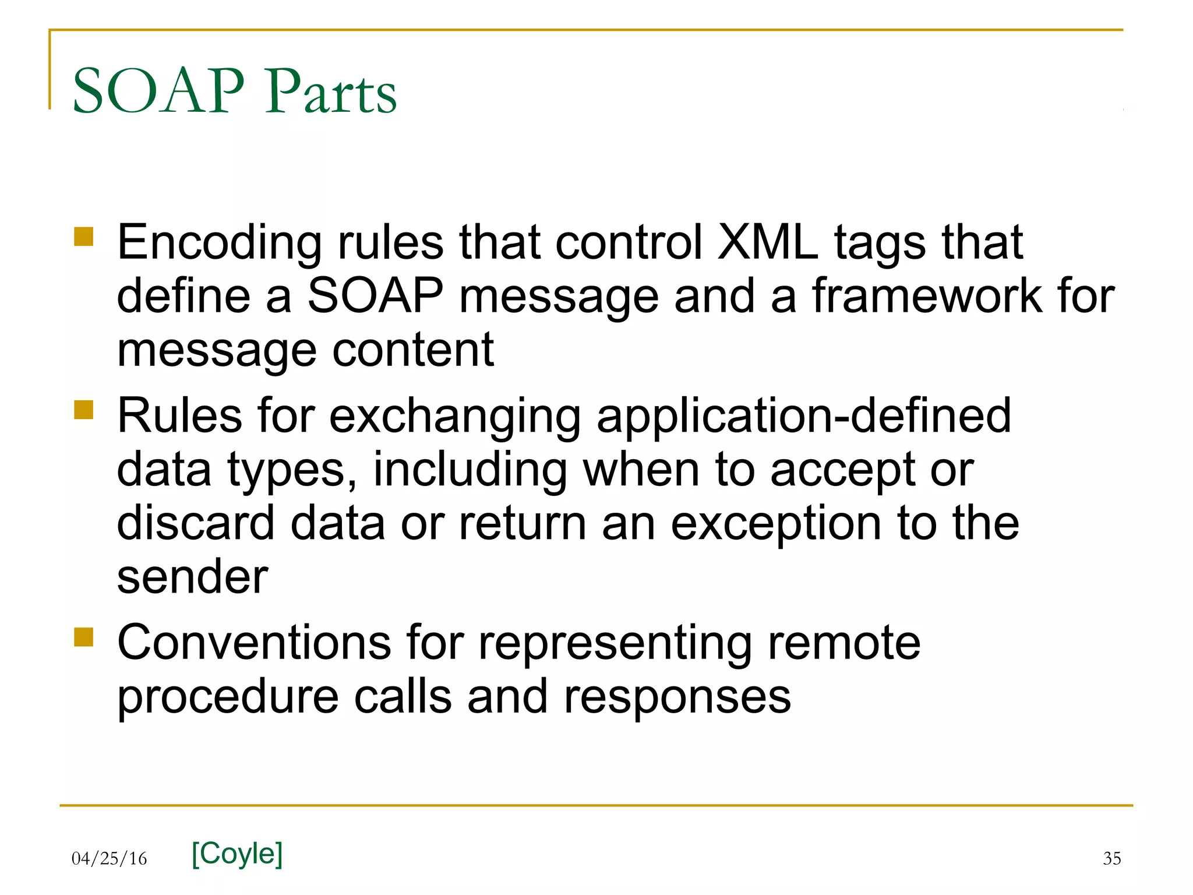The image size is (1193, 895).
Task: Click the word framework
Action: pos(927,296)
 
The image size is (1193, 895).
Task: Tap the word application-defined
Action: pos(804,416)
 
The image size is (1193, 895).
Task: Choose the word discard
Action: pos(196,523)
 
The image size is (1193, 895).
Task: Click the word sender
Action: pos(192,577)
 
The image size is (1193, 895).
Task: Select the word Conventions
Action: pos(255,643)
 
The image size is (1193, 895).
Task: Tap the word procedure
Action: pos(228,697)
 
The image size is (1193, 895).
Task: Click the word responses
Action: pos(677,697)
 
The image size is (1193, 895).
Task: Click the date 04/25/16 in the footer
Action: pos(110,858)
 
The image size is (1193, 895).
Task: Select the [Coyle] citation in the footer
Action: pos(237,854)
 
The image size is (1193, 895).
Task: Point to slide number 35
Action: pos(1111,858)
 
